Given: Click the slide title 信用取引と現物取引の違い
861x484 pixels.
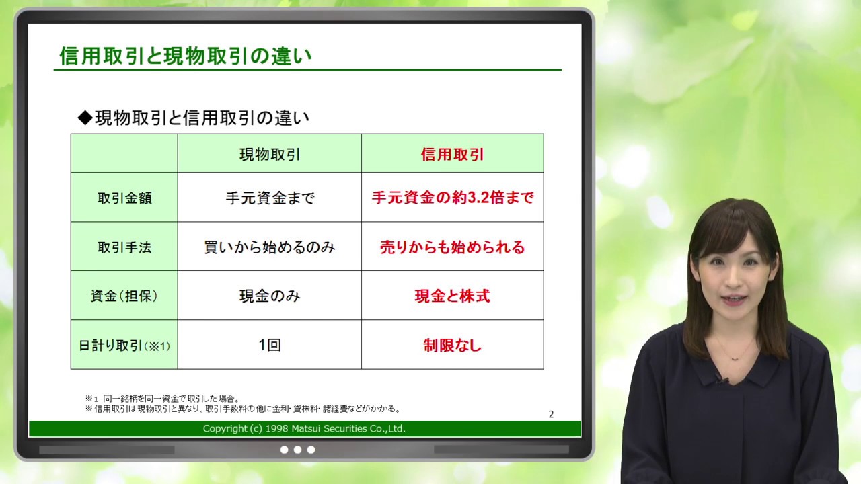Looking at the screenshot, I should [186, 56].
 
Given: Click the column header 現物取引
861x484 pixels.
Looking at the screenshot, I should [269, 155].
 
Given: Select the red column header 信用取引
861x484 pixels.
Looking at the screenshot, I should [452, 155].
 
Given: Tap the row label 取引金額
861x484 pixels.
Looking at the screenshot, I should [124, 198].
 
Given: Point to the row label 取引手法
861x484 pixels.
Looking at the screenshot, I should [124, 247].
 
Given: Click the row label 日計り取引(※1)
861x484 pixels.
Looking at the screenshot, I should [124, 346].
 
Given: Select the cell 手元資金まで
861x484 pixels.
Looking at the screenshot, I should [269, 198].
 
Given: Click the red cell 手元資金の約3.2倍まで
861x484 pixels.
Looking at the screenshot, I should [452, 198].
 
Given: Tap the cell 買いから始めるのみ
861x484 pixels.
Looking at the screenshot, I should [269, 247].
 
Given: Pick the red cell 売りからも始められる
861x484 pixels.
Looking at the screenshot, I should [452, 247].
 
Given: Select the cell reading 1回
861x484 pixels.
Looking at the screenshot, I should [269, 345].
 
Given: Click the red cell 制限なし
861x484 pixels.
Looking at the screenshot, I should [452, 346].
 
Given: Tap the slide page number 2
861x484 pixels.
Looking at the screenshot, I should [551, 414].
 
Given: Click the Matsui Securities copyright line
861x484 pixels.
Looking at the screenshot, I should [304, 428].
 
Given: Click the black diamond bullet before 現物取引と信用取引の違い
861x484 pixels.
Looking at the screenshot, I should [85, 118].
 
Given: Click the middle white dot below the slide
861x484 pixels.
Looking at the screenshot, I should [297, 450].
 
